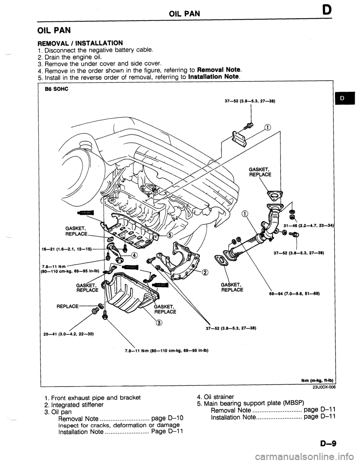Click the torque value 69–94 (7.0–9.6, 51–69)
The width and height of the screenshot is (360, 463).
(283, 293)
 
